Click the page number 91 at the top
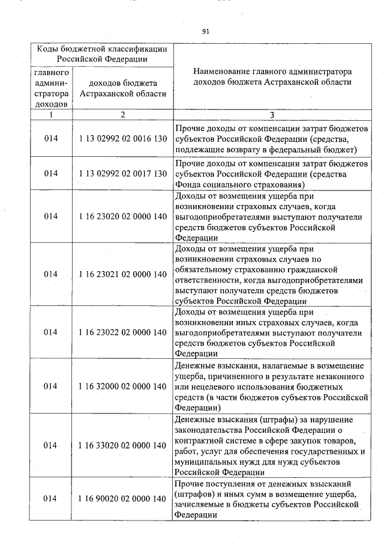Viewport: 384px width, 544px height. (206, 31)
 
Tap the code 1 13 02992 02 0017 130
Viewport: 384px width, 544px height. (122, 173)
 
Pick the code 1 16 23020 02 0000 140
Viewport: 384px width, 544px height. (122, 216)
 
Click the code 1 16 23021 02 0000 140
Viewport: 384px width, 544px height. (122, 274)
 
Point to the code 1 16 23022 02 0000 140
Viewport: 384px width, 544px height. (122, 332)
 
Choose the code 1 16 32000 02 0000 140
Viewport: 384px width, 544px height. (122, 387)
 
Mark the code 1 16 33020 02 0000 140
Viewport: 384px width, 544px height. (122, 445)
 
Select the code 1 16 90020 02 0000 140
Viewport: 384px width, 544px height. (122, 499)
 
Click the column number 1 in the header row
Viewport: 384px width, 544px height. (51, 114)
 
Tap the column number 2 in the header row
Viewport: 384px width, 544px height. (122, 114)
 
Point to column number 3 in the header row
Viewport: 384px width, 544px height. (271, 114)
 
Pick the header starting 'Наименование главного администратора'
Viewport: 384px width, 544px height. (271, 76)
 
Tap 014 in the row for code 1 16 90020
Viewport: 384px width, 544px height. (51, 499)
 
